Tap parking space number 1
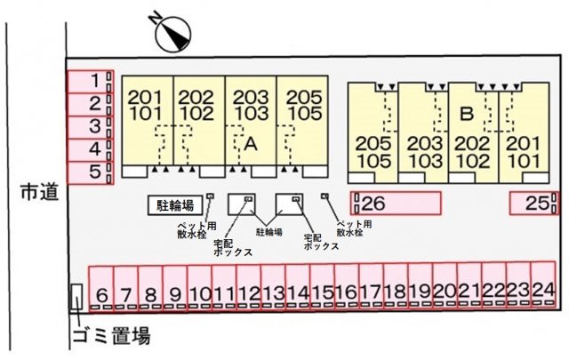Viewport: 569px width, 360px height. click(91, 81)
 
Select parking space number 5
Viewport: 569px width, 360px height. click(91, 172)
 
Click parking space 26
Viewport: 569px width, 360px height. click(397, 203)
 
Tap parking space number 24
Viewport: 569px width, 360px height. click(543, 289)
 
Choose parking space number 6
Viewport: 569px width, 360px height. click(101, 289)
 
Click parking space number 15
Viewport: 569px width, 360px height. click(323, 289)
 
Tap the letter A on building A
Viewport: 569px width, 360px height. click(251, 141)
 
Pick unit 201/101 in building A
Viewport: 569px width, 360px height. click(147, 104)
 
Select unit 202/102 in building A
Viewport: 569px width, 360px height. click(197, 104)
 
